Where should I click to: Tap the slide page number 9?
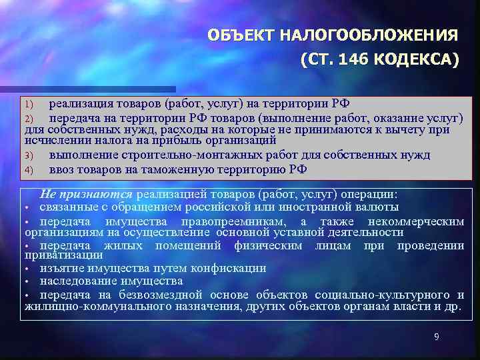pyautogui.click(x=436, y=337)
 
